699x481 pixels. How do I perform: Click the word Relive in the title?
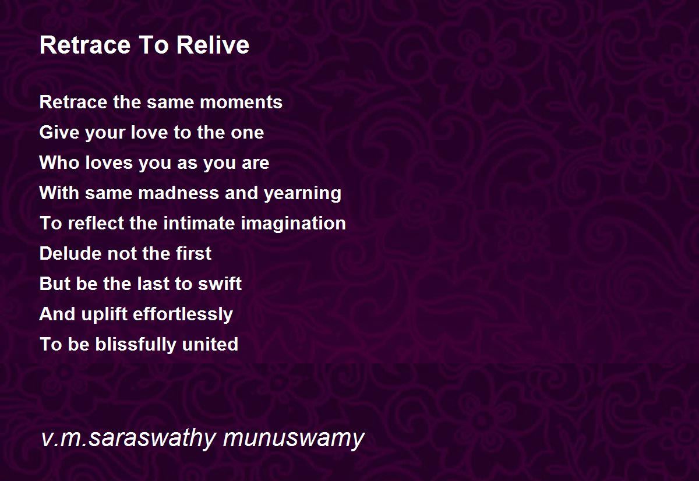point(213,45)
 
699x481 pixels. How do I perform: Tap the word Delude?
point(71,253)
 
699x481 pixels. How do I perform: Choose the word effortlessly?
point(183,314)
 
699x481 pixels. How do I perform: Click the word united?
point(210,344)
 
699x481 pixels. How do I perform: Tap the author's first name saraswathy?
point(151,438)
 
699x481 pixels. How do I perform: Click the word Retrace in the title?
point(85,45)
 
